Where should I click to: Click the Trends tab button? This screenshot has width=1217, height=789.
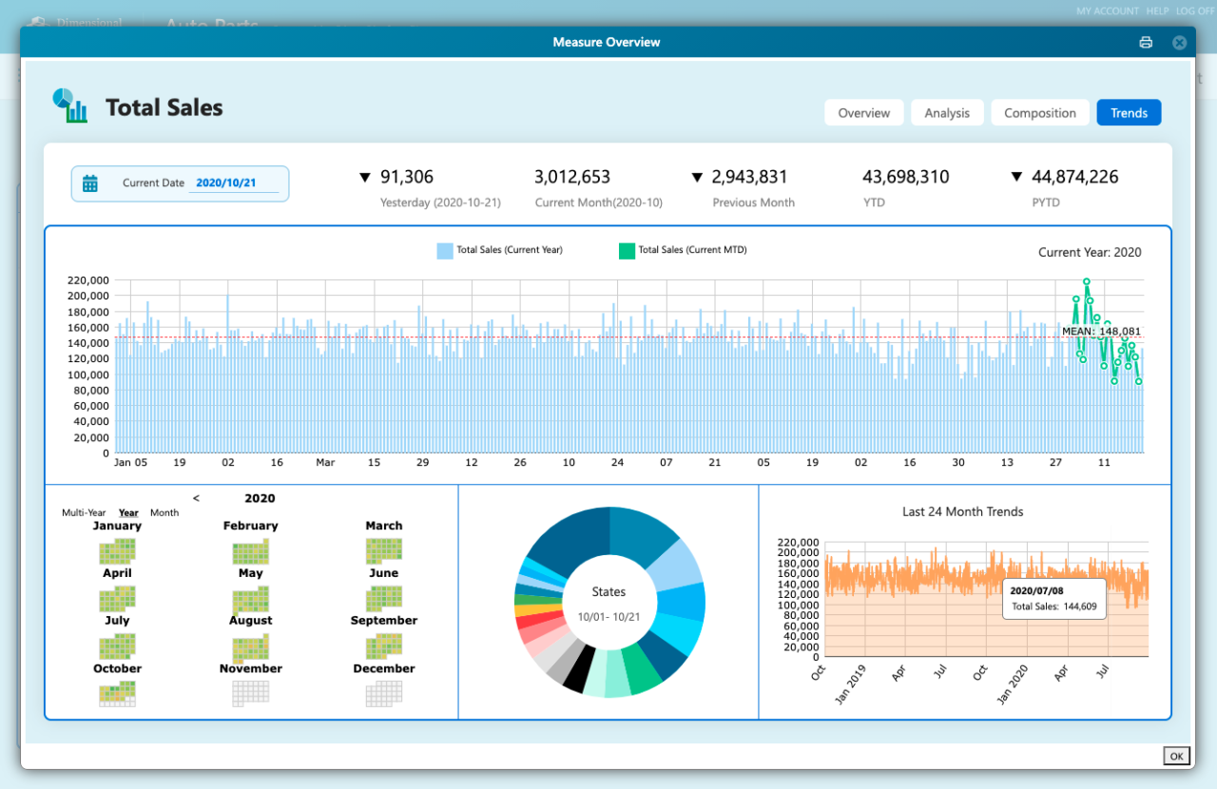1129,113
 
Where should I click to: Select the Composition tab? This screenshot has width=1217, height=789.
1039,113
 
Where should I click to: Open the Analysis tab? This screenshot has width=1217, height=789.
947,113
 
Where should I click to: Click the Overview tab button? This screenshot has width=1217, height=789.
863,113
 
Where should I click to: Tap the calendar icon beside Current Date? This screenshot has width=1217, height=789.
90,183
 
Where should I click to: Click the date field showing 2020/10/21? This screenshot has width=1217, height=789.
233,183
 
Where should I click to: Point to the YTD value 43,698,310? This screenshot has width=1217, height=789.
905,177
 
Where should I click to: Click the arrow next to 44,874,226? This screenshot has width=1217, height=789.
1016,177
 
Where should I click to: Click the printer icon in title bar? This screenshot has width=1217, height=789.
1146,42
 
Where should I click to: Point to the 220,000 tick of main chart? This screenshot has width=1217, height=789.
87,280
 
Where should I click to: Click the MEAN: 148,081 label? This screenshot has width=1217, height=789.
1101,331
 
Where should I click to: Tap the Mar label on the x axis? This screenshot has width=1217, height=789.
325,463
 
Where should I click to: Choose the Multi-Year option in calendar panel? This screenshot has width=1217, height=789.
84,513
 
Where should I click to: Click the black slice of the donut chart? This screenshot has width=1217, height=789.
578,668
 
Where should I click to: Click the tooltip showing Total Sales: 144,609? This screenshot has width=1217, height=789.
1053,599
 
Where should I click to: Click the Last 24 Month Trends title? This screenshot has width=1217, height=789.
962,511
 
